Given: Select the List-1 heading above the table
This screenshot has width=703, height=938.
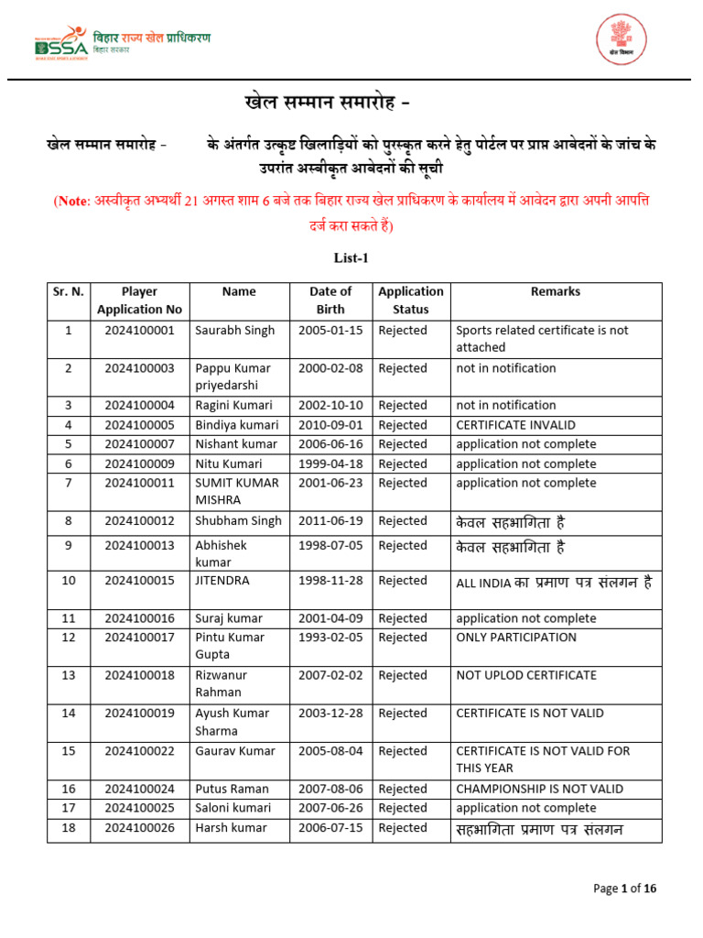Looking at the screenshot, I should point(351,258).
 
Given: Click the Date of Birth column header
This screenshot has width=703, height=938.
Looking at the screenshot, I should point(330,300).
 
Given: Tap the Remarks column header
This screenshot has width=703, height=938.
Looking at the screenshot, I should point(555,291).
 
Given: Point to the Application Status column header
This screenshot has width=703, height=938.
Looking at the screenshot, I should point(411,300).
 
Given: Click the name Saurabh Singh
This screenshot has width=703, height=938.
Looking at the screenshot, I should point(234,330).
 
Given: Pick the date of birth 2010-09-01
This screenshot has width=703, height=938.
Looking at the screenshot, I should point(330,425).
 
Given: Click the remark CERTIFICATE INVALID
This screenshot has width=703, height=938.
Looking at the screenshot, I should point(516,425).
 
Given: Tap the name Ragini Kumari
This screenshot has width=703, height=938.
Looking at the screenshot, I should point(233,405).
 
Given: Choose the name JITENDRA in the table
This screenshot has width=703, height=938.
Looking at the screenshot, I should point(222,581).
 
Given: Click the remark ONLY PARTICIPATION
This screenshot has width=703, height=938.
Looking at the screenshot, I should point(516,638).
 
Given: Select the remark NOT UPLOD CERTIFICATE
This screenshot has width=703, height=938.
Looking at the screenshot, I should point(525,675).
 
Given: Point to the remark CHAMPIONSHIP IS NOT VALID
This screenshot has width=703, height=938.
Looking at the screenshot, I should point(539,789).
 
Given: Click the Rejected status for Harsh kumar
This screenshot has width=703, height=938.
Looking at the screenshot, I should point(403,828).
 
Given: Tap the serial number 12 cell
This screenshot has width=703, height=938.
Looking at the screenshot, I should point(68,638).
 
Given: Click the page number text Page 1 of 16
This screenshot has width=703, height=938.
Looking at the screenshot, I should point(624,888).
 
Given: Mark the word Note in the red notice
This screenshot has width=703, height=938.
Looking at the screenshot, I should point(72,201).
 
